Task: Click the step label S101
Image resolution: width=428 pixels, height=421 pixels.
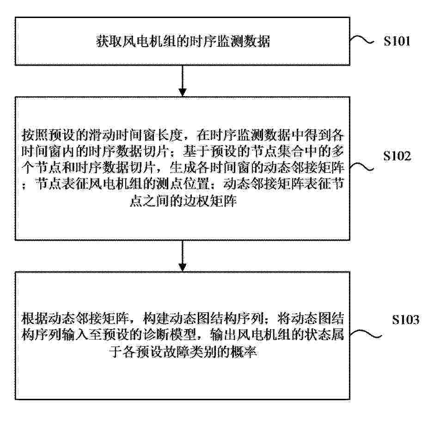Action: tap(397, 41)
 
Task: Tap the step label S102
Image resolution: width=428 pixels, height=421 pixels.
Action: tap(397, 156)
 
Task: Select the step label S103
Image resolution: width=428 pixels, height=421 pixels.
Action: tap(406, 319)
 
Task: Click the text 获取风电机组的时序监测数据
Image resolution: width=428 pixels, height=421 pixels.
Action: tap(183, 42)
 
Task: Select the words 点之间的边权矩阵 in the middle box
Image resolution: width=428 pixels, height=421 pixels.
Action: tap(183, 201)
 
